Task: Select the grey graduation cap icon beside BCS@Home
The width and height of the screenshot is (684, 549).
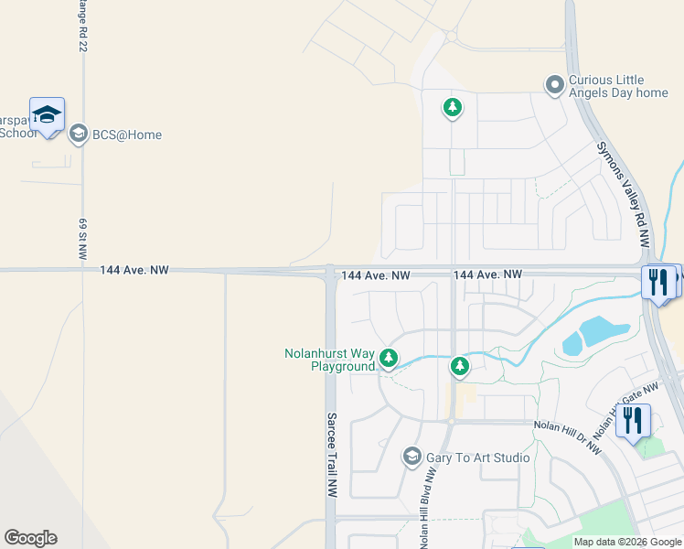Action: pos(78,135)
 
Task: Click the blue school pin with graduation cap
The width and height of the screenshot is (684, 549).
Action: pos(47,115)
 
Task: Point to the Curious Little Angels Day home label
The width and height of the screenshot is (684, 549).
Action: pos(618,86)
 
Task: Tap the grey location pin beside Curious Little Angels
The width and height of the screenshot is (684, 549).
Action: pos(553,86)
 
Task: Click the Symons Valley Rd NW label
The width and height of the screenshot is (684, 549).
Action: pos(623,195)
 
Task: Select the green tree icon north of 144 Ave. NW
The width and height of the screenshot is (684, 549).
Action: pos(452,108)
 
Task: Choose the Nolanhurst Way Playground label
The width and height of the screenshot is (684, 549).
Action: pos(329,360)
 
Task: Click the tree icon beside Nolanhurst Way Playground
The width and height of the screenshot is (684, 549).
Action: pos(389,357)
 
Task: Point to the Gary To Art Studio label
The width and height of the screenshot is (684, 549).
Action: pos(478,457)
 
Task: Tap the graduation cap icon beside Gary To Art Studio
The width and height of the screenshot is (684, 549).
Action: pos(411,457)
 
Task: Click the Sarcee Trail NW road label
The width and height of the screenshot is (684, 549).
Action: pos(332,455)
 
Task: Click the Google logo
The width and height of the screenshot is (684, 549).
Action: pos(30,538)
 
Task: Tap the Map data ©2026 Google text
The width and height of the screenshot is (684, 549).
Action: pos(627,542)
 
